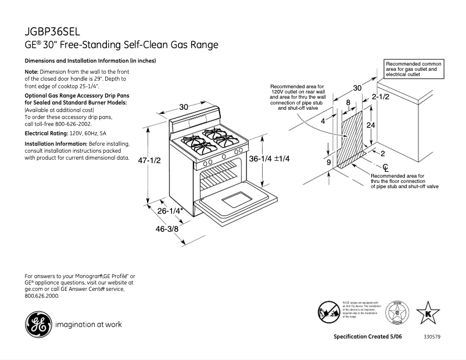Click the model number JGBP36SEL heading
tap(53, 31)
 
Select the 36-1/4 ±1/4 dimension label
tap(269, 159)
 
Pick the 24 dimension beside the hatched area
tap(370, 125)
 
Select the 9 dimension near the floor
tap(328, 163)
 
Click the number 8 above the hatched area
tap(348, 102)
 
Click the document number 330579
tap(432, 337)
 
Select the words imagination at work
tap(88, 325)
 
